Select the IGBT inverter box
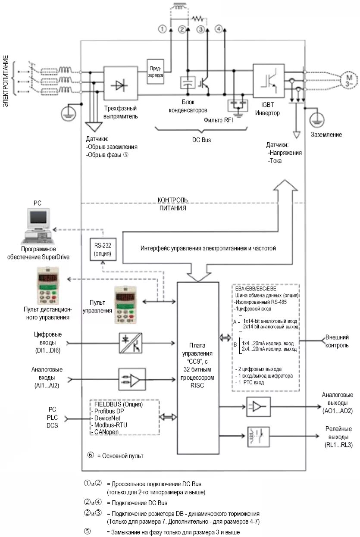click(269, 83)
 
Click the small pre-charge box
click(155, 71)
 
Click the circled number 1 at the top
click(162, 29)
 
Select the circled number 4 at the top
click(219, 29)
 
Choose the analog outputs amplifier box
click(258, 406)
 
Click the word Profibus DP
click(109, 411)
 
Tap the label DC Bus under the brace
click(201, 140)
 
